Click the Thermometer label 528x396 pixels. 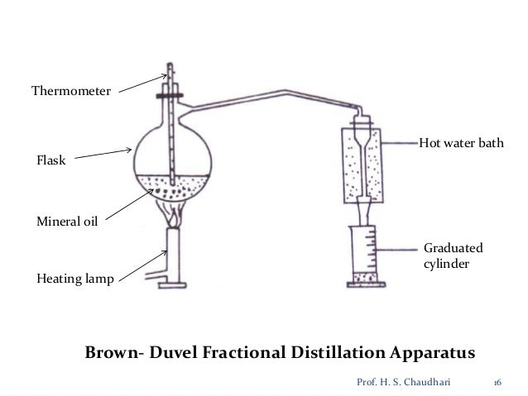click(71, 91)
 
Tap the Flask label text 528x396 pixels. click(50, 160)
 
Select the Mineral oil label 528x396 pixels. click(67, 222)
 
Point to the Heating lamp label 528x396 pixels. click(75, 279)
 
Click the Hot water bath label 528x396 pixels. click(461, 143)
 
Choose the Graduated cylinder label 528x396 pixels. click(454, 255)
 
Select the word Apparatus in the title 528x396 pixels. click(432, 353)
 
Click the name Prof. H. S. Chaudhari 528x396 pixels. click(403, 382)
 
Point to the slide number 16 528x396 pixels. click(497, 383)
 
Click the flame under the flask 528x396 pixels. click(174, 218)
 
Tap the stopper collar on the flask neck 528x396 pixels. click(170, 96)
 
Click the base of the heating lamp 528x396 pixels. click(172, 286)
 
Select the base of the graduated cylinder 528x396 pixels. click(366, 284)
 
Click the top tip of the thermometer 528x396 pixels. click(170, 64)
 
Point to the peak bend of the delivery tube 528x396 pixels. click(286, 91)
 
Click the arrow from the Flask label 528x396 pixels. click(103, 154)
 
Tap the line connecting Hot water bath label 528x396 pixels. click(401, 143)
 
